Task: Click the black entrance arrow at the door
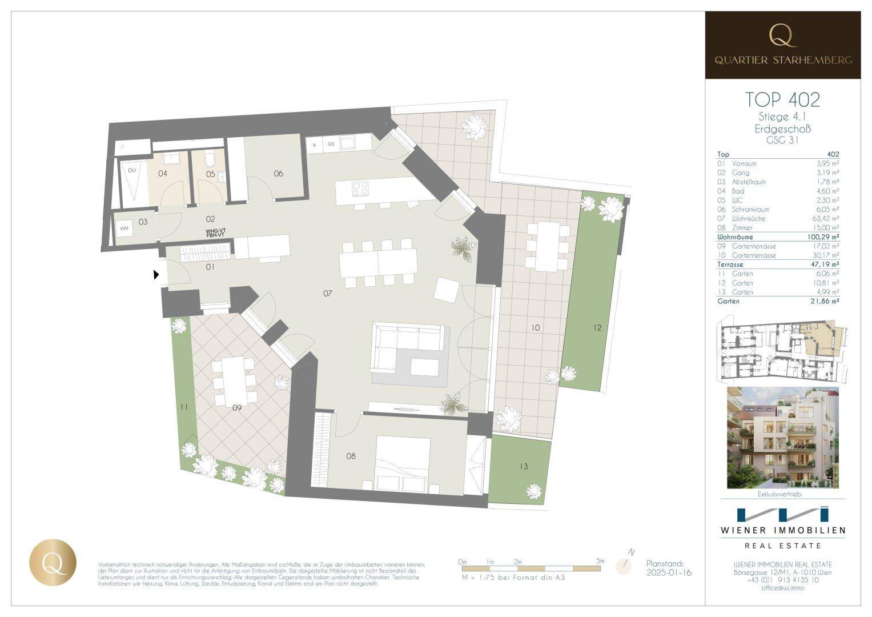(156, 275)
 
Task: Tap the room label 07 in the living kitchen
(327, 293)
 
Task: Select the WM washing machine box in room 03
(124, 229)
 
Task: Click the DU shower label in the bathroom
(132, 170)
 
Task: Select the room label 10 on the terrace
(535, 328)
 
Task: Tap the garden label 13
(524, 467)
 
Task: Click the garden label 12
(597, 328)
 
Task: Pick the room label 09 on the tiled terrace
(237, 407)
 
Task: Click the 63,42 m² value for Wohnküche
(827, 218)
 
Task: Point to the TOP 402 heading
(782, 99)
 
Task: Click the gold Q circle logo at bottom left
(53, 561)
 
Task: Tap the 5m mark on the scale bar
(600, 562)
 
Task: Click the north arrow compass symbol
(625, 563)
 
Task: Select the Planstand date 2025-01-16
(669, 572)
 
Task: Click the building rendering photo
(782, 438)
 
